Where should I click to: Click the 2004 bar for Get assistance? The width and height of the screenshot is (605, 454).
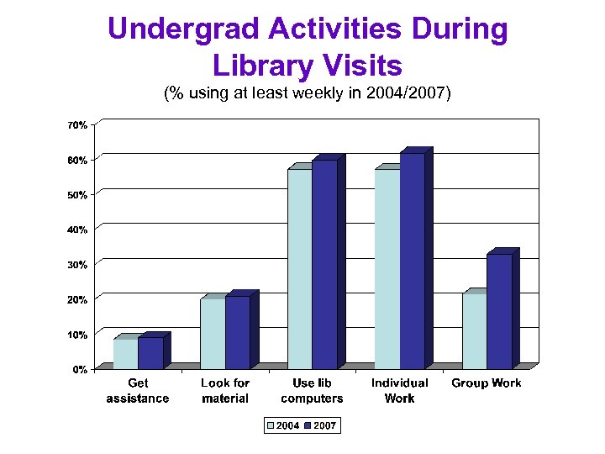(125, 353)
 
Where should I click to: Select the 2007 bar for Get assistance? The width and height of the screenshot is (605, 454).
(150, 352)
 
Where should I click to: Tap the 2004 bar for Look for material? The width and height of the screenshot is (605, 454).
(213, 333)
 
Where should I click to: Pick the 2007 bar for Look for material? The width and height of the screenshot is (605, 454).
(238, 332)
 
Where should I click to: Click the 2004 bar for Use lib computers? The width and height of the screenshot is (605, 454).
(300, 268)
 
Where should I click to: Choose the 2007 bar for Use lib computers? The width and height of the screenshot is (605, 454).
(324, 264)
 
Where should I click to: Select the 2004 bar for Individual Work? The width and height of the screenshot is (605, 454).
(387, 268)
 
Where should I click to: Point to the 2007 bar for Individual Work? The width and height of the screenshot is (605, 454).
(412, 261)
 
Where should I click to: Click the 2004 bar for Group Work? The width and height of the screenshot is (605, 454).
(474, 330)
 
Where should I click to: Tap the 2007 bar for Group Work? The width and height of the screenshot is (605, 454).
(499, 311)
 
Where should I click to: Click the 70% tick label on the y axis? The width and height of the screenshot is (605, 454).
(76, 124)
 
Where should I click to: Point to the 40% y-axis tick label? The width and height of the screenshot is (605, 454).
(76, 229)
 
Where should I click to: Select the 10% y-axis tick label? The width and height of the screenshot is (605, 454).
(76, 334)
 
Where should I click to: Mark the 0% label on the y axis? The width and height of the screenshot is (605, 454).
(79, 369)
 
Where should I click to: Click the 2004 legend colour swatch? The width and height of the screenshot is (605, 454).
(271, 426)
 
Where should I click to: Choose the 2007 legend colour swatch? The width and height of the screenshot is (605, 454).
(308, 426)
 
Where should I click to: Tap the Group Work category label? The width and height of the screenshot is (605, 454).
(487, 383)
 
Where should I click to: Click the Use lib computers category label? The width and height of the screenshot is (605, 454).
(312, 390)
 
